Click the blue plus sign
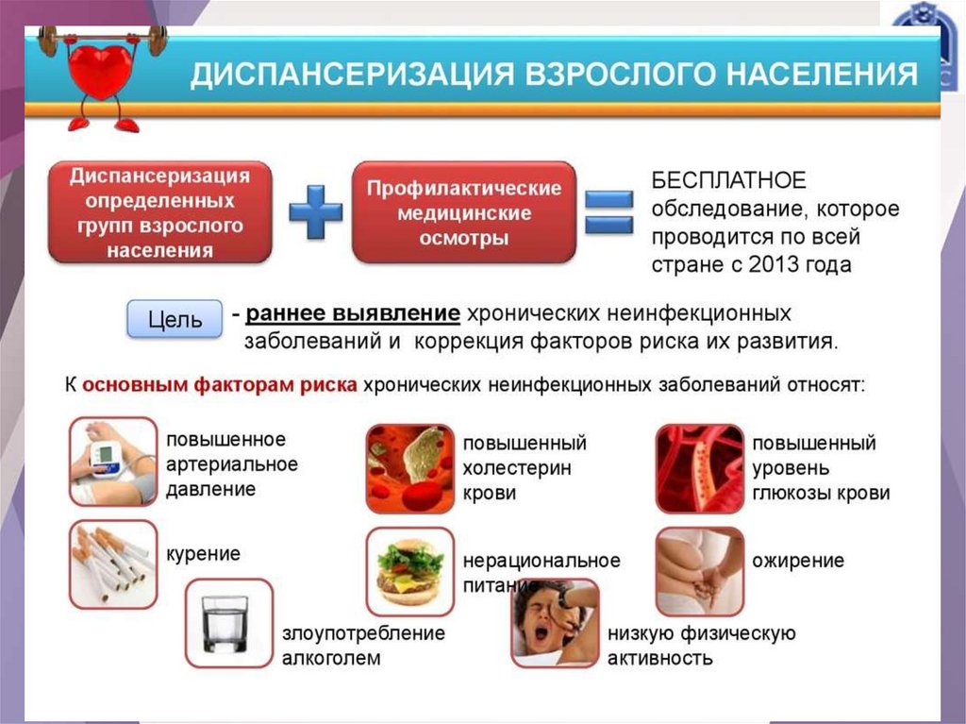(315, 211)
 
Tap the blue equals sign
(608, 212)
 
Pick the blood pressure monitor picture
(113, 462)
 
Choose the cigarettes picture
(113, 564)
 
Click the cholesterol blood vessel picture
(409, 468)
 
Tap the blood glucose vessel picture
(700, 468)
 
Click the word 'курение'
(204, 553)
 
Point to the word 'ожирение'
(798, 561)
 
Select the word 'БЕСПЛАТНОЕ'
(728, 180)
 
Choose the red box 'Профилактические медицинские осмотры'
(463, 212)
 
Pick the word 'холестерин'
(516, 468)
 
